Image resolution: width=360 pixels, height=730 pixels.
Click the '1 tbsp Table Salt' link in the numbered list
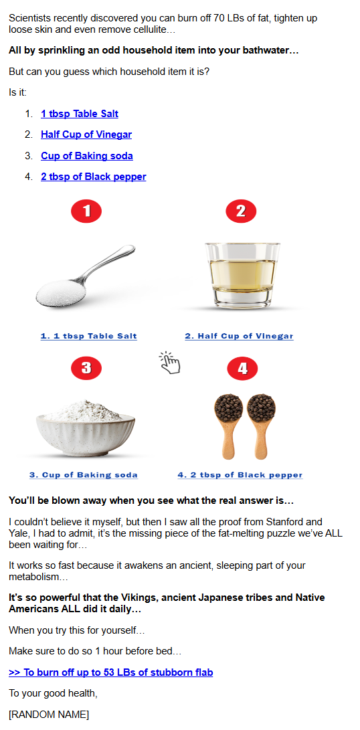80,114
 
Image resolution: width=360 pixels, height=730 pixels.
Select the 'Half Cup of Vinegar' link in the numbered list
86,134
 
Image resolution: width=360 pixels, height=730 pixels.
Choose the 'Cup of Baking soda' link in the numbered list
86,155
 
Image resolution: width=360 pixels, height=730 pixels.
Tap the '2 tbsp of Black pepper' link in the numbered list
94,177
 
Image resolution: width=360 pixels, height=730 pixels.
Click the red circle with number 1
86,211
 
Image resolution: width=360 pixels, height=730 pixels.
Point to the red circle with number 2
241,211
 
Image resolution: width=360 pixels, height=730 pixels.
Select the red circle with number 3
86,368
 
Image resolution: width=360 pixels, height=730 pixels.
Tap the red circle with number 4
242,369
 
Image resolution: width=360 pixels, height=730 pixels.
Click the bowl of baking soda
86,428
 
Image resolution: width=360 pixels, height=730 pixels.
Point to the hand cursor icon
169,363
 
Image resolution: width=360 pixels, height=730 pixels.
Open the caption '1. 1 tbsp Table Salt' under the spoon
88,336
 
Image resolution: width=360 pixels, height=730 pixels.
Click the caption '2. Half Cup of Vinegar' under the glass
239,336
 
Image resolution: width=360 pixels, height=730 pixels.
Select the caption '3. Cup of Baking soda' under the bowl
84,475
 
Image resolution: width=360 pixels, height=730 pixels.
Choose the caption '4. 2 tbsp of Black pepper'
240,475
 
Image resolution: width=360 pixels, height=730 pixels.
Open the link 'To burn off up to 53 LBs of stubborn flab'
111,672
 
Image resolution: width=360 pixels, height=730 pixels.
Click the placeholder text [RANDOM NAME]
49,714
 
